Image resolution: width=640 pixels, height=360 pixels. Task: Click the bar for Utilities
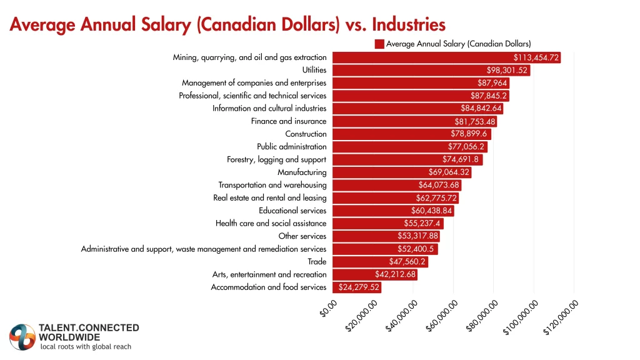(431, 70)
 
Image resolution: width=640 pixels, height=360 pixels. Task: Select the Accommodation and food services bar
(356, 287)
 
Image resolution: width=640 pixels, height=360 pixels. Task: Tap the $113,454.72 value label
(532, 57)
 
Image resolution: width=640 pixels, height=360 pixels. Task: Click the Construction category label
(306, 134)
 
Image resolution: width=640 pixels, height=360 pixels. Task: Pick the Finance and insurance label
(289, 121)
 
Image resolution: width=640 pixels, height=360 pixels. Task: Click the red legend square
(379, 44)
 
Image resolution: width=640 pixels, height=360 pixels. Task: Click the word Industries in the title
(409, 24)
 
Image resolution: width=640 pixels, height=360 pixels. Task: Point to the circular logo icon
(22, 337)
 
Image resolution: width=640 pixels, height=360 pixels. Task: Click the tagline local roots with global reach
(86, 347)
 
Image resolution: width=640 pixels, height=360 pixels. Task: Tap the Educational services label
(292, 211)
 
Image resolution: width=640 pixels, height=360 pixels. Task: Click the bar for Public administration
(409, 147)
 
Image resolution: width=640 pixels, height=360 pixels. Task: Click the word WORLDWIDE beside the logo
(69, 337)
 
